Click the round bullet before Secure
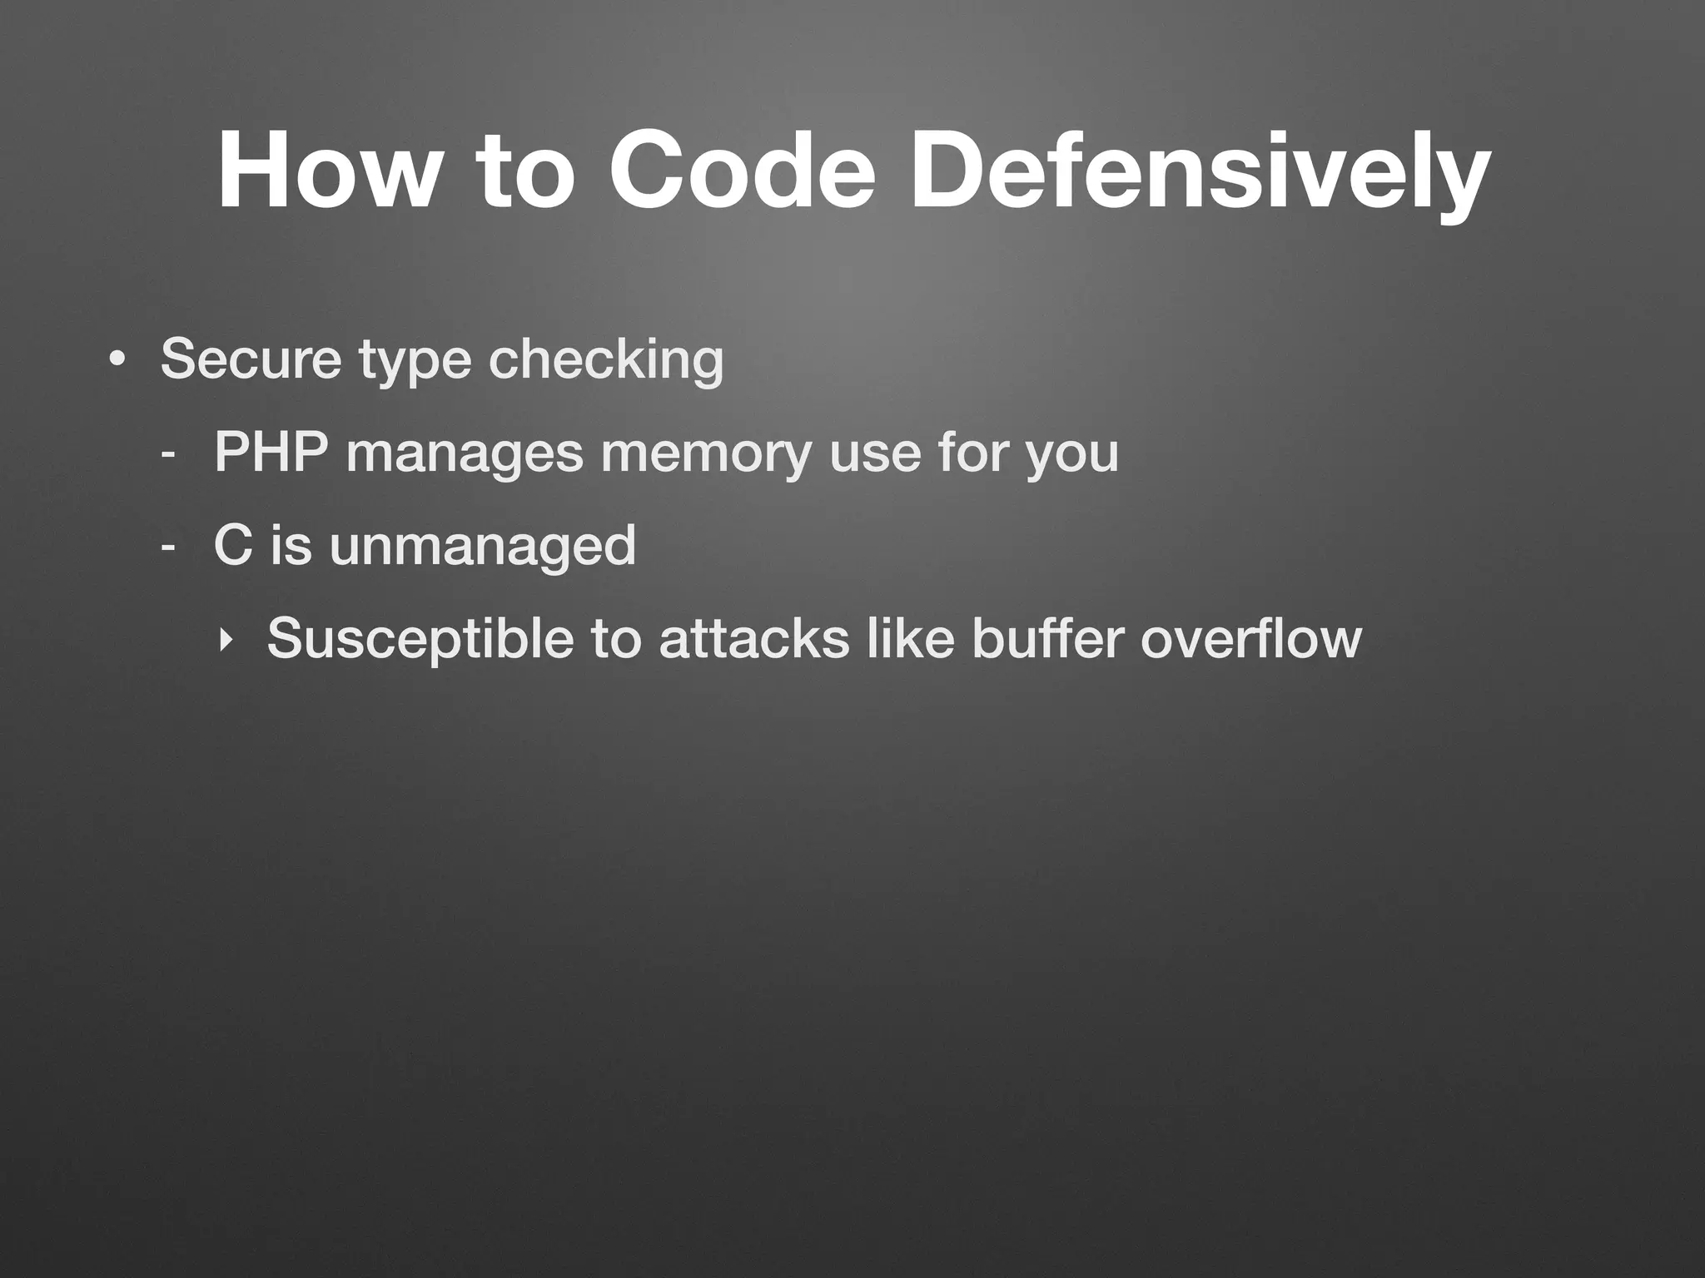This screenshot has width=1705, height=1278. coord(117,361)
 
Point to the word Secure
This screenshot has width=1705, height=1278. coord(251,359)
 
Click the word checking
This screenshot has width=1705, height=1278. coord(606,361)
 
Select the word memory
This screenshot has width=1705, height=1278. coord(706,454)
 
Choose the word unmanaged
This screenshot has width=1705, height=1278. coord(483,547)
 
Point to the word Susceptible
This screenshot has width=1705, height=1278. coord(420,639)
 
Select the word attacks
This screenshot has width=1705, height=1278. coord(754,639)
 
